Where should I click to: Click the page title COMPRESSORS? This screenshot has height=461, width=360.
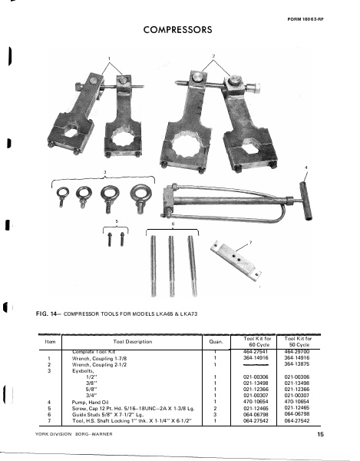178,30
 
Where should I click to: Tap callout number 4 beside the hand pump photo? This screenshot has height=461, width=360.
306,167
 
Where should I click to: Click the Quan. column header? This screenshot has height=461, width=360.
215,342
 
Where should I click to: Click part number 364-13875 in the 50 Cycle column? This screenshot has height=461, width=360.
296,363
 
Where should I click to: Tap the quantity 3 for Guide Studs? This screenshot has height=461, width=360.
215,414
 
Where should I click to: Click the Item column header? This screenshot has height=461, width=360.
51,342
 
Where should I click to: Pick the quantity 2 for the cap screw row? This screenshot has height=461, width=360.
215,408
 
